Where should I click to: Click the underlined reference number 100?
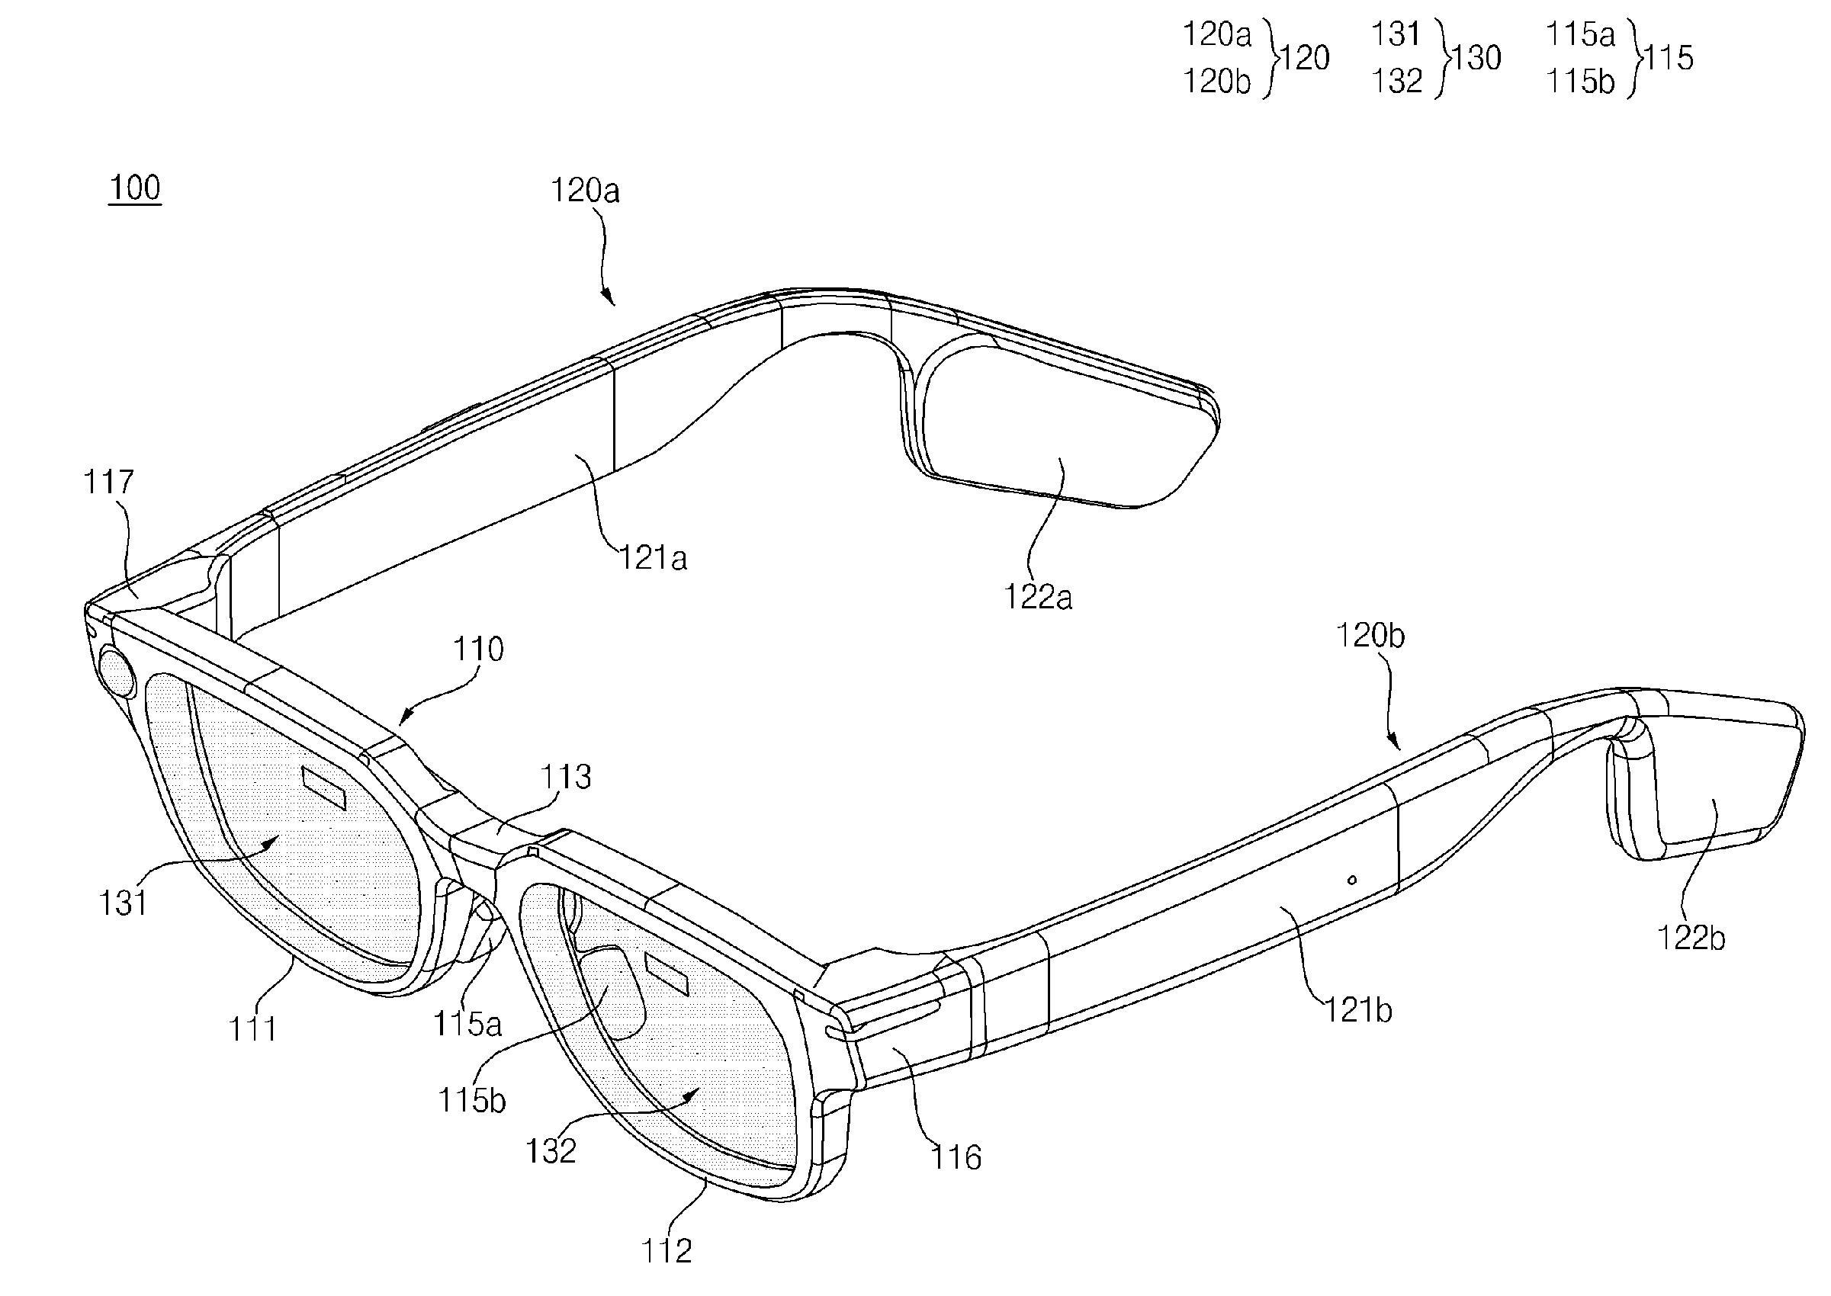pyautogui.click(x=135, y=188)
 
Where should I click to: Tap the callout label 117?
pyautogui.click(x=108, y=482)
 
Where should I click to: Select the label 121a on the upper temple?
pyautogui.click(x=654, y=559)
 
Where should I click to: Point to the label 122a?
pyautogui.click(x=1038, y=597)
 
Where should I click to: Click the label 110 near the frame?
pyautogui.click(x=479, y=649)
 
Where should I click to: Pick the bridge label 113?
pyautogui.click(x=566, y=777)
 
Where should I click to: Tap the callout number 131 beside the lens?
pyautogui.click(x=123, y=903)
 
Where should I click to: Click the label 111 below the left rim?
pyautogui.click(x=253, y=1029)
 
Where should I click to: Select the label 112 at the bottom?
pyautogui.click(x=667, y=1250)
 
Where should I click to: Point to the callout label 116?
pyautogui.click(x=956, y=1156)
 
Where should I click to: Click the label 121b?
pyautogui.click(x=1358, y=1010)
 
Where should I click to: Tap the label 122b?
pyautogui.click(x=1691, y=938)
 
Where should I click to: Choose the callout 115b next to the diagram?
pyautogui.click(x=472, y=1101)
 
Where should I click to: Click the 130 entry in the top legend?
pyautogui.click(x=1476, y=57)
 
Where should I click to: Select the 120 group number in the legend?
pyautogui.click(x=1305, y=57)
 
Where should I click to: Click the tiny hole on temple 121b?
pyautogui.click(x=1351, y=881)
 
